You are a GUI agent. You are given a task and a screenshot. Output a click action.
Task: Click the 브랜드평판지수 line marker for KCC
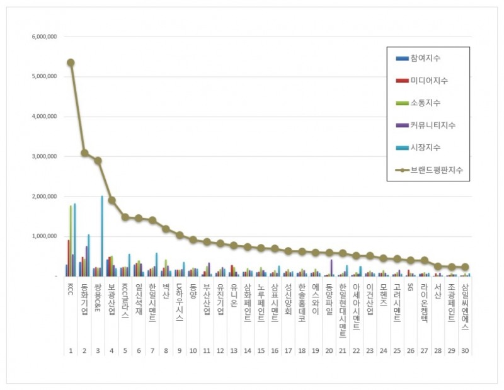71,62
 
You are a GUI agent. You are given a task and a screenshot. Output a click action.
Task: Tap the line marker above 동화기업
84,153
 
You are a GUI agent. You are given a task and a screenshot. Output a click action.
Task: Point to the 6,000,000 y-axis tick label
44,37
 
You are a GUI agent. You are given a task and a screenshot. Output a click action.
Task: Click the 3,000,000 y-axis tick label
44,156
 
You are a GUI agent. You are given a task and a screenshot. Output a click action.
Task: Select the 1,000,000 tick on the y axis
44,236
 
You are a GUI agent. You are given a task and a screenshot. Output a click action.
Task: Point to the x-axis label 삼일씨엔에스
465,306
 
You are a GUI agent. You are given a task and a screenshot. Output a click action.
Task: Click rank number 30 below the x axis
465,350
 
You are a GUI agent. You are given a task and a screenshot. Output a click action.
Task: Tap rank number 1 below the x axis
71,350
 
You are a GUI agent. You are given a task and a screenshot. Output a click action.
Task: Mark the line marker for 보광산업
112,200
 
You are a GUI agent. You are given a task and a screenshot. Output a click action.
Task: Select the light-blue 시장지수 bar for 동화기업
89,255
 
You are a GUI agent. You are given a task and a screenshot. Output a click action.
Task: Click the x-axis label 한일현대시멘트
343,309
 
